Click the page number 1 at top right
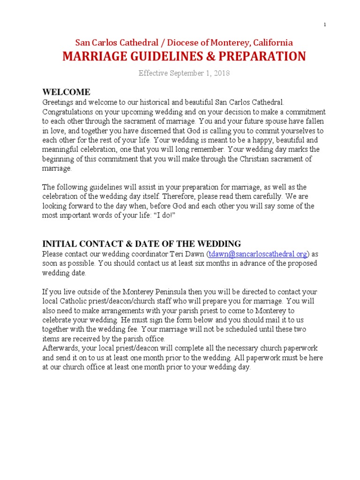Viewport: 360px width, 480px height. (324, 25)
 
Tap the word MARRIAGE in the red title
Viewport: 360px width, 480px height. (95, 57)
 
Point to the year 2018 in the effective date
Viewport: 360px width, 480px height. (220, 74)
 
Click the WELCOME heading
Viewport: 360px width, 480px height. (66, 92)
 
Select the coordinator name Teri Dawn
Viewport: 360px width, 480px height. (185, 254)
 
